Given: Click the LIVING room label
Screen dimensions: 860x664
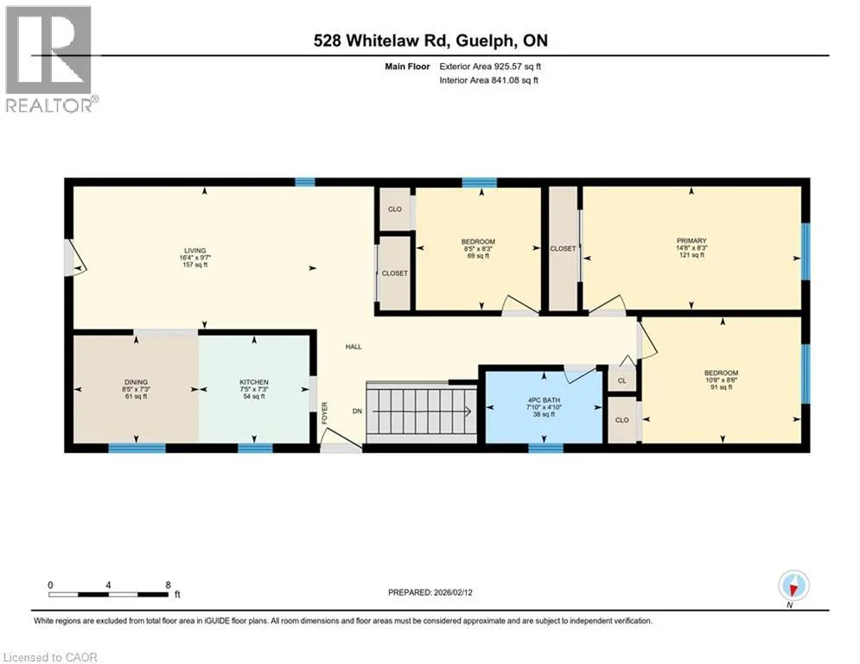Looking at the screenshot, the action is click(195, 250).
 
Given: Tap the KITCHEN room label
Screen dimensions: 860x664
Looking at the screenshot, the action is click(254, 382).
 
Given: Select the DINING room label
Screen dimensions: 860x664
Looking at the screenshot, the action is click(136, 382).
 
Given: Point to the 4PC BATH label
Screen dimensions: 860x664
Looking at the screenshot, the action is click(544, 400).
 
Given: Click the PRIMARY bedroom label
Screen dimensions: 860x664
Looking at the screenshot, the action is click(691, 240).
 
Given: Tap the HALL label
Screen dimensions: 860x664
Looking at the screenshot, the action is click(354, 347).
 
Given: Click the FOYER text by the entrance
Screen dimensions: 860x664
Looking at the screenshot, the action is click(325, 412).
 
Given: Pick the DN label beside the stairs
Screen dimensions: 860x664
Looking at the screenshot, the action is click(357, 411).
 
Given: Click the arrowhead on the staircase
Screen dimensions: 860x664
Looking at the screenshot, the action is click(468, 412).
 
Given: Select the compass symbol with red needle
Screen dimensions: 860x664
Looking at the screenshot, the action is click(793, 585).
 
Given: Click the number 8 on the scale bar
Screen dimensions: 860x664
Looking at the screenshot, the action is click(168, 585).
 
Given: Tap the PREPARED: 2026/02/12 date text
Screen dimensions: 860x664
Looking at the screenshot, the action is click(430, 592).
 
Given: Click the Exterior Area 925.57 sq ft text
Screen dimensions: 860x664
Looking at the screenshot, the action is click(490, 67).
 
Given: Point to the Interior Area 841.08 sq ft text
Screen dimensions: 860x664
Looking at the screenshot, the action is click(488, 80).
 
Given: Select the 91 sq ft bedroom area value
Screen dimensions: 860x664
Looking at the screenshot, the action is click(721, 386).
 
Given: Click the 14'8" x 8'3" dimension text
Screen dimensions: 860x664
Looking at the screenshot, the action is click(691, 247).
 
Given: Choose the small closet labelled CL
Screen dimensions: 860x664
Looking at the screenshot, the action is click(622, 380).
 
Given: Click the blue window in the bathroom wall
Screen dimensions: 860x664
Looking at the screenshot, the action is click(545, 448).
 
